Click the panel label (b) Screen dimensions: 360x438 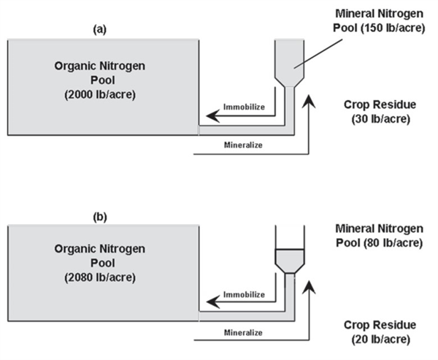pyautogui.click(x=99, y=217)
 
